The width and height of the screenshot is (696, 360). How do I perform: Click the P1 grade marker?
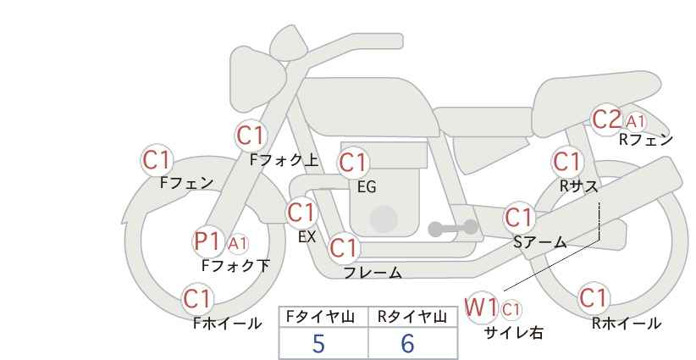point(207,242)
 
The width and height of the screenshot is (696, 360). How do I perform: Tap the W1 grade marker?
point(481,307)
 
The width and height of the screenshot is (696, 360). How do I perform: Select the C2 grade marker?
point(607,119)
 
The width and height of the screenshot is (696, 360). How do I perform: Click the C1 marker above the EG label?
point(353,163)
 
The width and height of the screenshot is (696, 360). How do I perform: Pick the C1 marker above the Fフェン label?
point(157,159)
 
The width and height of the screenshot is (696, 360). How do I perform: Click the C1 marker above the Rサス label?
point(566,162)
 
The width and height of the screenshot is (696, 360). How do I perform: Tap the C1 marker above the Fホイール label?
point(198,298)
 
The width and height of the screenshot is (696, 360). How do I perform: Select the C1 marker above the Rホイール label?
point(594,297)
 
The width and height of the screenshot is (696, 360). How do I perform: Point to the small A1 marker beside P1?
point(238,243)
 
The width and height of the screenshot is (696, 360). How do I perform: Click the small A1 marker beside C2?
point(636,121)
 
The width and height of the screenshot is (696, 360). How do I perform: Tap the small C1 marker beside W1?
point(511,309)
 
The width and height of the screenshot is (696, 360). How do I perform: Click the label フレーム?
point(373,272)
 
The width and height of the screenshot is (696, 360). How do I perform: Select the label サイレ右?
point(514,333)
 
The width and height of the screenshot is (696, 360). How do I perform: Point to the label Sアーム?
point(540,242)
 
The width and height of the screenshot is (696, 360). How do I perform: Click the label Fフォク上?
point(284,160)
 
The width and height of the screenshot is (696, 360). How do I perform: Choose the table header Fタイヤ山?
point(320,317)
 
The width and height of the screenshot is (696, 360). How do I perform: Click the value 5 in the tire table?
point(318,343)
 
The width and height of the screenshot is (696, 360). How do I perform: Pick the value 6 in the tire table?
point(407,343)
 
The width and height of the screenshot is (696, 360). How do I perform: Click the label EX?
point(307,237)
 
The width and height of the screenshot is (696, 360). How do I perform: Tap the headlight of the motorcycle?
point(257,80)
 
